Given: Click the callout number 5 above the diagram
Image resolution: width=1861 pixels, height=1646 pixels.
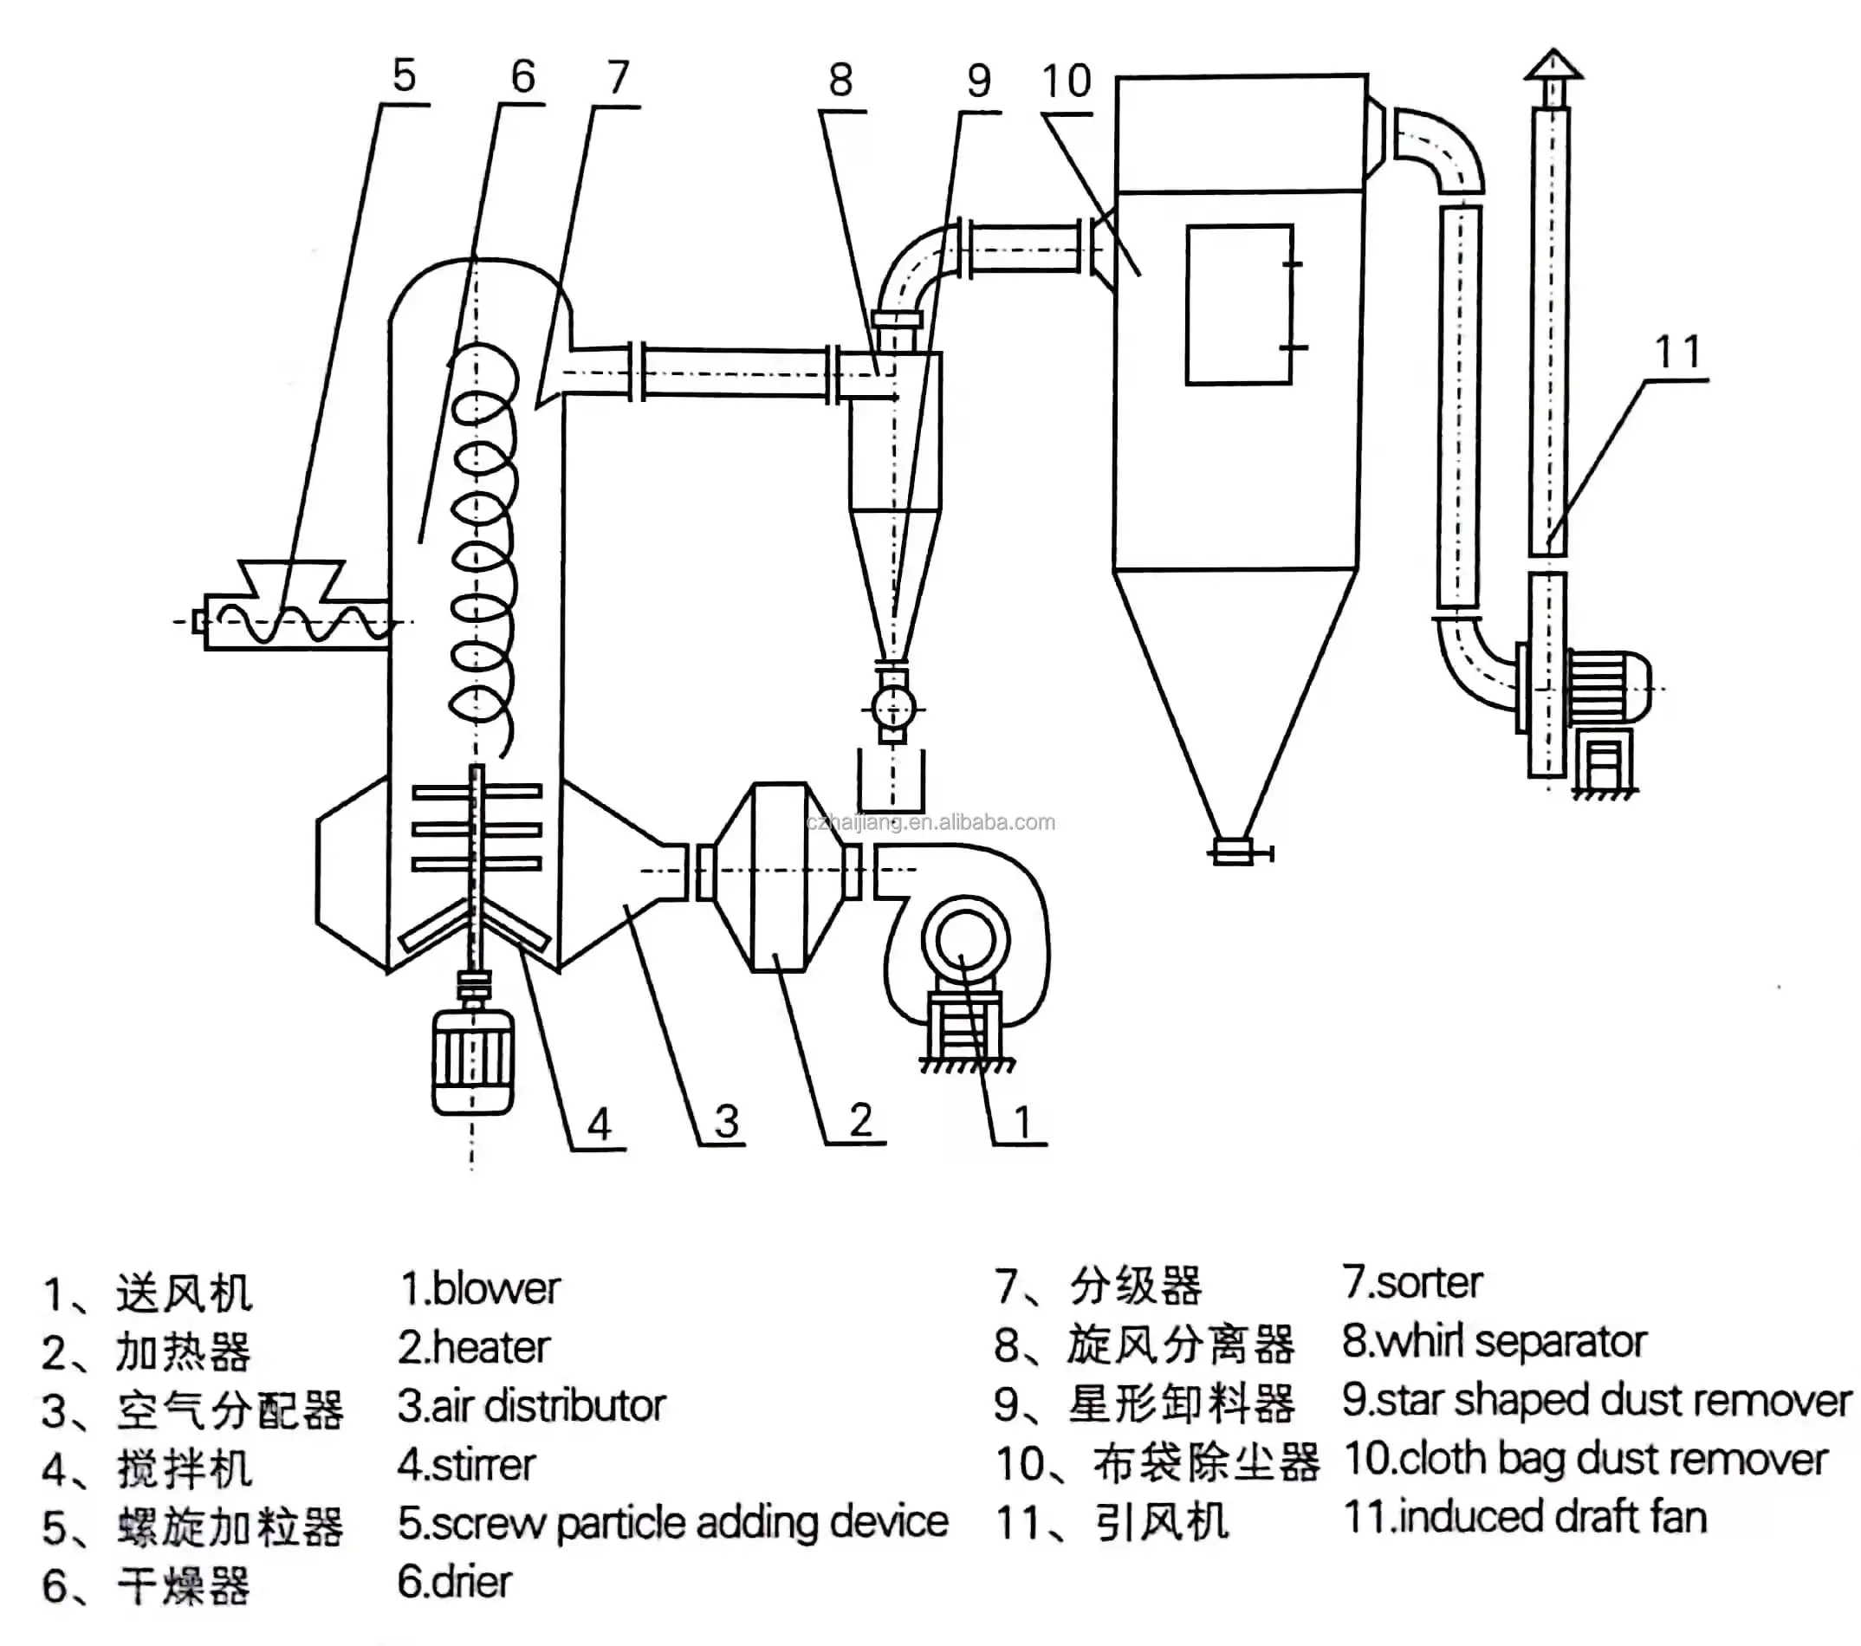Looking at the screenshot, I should click(x=404, y=75).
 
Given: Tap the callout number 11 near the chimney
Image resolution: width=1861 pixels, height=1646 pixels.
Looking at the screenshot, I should click(x=1677, y=353).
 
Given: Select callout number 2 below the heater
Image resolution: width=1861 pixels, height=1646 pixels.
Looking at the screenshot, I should click(x=860, y=1119).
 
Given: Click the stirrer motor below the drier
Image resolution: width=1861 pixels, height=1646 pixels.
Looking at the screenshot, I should click(x=471, y=1060).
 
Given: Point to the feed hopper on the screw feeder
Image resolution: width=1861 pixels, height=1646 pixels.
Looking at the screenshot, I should click(x=291, y=579).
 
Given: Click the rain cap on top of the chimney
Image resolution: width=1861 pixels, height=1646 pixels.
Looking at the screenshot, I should click(x=1553, y=66).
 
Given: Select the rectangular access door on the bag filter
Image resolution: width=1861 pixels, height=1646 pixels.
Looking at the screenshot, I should click(x=1238, y=305).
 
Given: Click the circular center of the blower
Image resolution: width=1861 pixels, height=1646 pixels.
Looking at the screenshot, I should click(x=963, y=943).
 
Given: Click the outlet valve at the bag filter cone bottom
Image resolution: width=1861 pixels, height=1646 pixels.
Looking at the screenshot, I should click(x=1235, y=852).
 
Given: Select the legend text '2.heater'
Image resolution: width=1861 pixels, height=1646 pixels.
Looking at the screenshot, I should click(x=473, y=1347).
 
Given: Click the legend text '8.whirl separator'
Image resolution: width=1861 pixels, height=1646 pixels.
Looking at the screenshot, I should click(x=1494, y=1342).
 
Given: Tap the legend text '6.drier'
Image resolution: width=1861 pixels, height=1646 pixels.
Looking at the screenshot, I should click(x=454, y=1581).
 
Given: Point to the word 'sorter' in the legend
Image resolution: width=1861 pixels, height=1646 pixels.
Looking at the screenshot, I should click(x=1429, y=1283).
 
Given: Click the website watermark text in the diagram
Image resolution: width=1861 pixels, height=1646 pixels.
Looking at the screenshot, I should click(x=930, y=822).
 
